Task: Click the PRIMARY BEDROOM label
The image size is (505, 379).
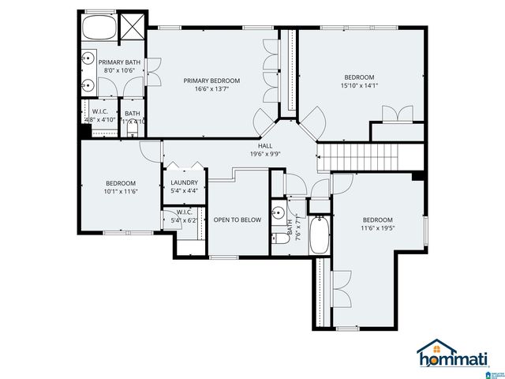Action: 211,81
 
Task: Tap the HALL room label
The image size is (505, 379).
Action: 265,146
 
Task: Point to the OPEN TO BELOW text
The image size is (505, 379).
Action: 237,220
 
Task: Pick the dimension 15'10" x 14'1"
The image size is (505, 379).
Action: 360,86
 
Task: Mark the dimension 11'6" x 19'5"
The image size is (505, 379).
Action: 377,228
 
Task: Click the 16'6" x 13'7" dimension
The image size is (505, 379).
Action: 211,89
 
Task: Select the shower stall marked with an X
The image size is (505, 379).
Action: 132,28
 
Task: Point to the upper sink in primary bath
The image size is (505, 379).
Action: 89,58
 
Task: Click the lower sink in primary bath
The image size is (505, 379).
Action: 89,84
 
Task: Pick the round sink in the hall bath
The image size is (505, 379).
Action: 277,212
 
